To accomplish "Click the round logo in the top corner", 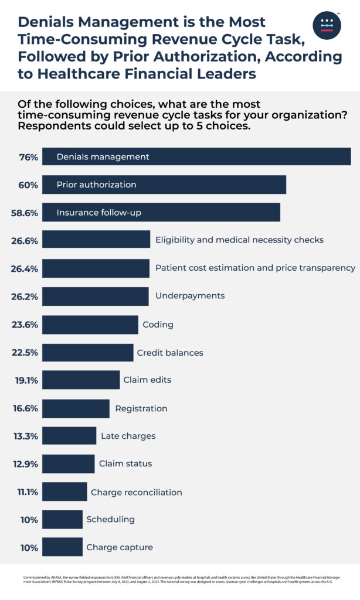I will pos(327,25).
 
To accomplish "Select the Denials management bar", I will pos(196,157).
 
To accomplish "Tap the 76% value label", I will pos(29,157).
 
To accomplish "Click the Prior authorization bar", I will pos(164,185).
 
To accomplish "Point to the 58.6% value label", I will pos(25,213).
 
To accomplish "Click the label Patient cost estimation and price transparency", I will pos(255,268).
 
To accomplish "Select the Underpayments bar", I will pos(96,296).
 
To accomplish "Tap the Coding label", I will pos(158,324).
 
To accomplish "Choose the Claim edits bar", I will pos(81,380).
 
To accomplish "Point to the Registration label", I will pos(141,408).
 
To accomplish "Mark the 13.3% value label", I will pos(26,436).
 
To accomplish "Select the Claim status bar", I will pos(68,463).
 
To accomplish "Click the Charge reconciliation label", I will pos(136,492).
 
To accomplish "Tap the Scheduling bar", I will pos(62,519).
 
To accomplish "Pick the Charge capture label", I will pos(119,547).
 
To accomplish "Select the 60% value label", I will pos(29,185).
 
